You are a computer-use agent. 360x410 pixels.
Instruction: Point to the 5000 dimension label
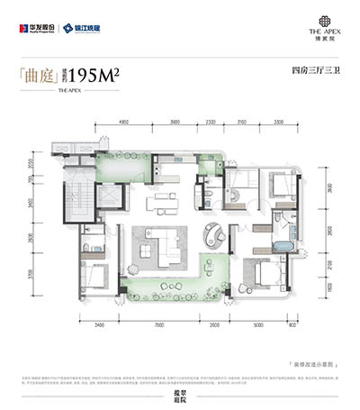256,323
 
